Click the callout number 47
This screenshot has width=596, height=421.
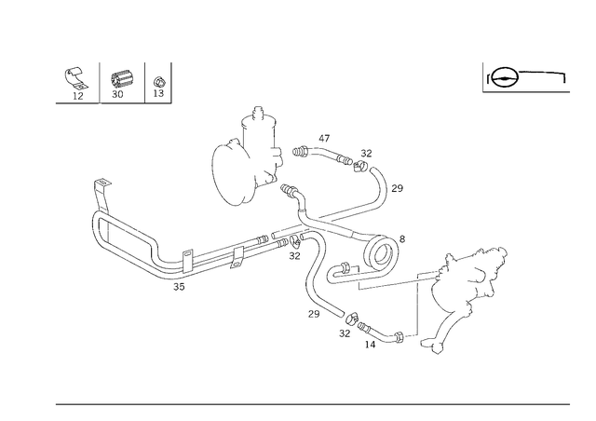(324, 139)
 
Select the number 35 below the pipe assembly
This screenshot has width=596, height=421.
(179, 287)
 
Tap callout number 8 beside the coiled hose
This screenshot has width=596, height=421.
(402, 238)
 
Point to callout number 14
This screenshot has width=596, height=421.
(370, 345)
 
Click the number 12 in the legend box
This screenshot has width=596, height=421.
(78, 96)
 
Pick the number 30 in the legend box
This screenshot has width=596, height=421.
(117, 94)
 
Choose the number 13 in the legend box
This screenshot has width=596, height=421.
(158, 93)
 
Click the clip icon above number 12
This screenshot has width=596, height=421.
(74, 78)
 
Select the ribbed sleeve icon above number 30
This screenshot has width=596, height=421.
(121, 79)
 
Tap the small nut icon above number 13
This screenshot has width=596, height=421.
(159, 82)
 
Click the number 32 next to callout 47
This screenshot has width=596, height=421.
(366, 154)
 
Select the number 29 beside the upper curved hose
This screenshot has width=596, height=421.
(398, 188)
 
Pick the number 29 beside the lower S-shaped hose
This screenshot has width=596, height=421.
(314, 314)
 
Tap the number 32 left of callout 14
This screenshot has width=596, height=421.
(345, 333)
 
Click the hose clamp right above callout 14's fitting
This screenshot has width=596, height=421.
(352, 317)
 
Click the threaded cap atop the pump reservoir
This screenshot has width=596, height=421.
(259, 112)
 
